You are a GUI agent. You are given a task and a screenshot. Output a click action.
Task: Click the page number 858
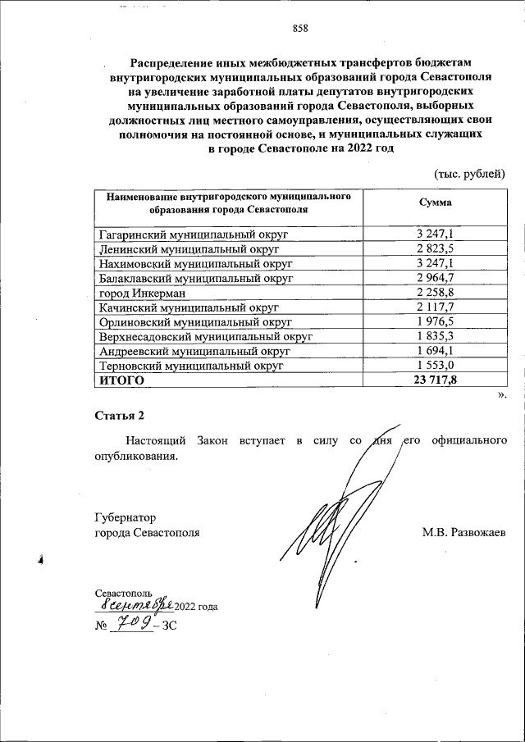(x=299, y=31)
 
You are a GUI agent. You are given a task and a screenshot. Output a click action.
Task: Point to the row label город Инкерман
(x=142, y=293)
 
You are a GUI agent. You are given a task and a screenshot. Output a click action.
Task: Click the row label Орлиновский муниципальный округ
(x=195, y=322)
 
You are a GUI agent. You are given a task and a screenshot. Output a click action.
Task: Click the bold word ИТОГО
(x=121, y=380)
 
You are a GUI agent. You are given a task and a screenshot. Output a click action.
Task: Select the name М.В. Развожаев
(x=464, y=533)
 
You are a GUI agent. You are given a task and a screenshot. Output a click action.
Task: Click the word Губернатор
(x=126, y=517)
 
